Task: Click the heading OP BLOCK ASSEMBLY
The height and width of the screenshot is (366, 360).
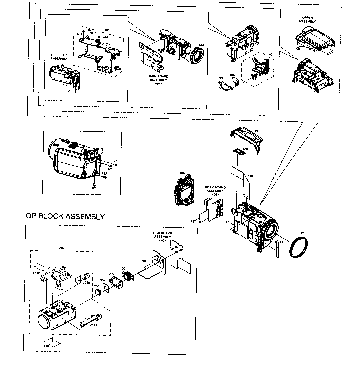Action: click(65, 216)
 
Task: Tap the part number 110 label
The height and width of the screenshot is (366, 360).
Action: click(256, 131)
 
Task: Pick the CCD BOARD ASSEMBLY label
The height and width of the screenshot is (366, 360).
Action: click(163, 237)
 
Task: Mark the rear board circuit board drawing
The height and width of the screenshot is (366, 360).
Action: click(212, 210)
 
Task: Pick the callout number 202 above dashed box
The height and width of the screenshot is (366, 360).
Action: click(62, 247)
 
